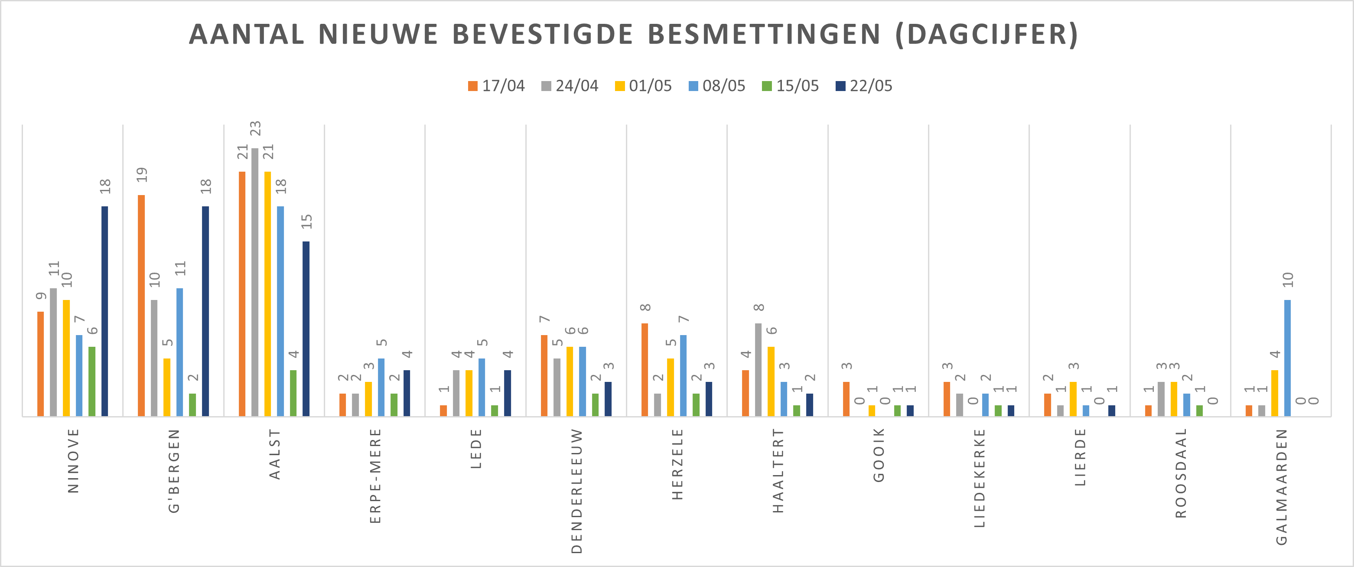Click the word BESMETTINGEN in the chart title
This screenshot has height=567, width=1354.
(x=764, y=35)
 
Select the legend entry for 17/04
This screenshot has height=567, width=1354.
(x=496, y=86)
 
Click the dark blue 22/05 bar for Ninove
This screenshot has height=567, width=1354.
(x=104, y=311)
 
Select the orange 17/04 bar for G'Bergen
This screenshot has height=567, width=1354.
(x=141, y=305)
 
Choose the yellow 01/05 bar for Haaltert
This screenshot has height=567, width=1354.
(x=771, y=381)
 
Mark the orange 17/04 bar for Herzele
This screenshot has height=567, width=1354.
(x=645, y=369)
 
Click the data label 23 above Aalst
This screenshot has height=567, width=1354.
(x=255, y=128)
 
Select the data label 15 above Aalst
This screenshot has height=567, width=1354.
(x=306, y=221)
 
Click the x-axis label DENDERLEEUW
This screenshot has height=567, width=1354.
(x=576, y=491)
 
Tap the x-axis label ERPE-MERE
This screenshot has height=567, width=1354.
(x=375, y=476)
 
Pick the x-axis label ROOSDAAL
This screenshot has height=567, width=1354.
(x=1181, y=473)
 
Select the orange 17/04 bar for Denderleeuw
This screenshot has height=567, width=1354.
(x=544, y=376)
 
